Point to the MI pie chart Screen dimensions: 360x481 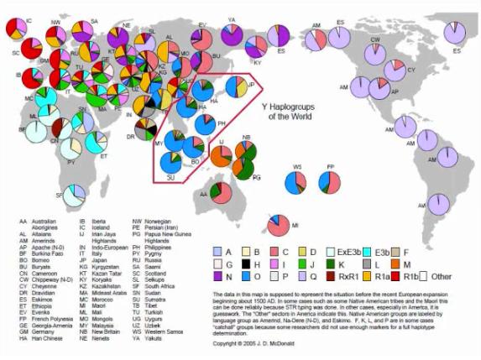point(278,226)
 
